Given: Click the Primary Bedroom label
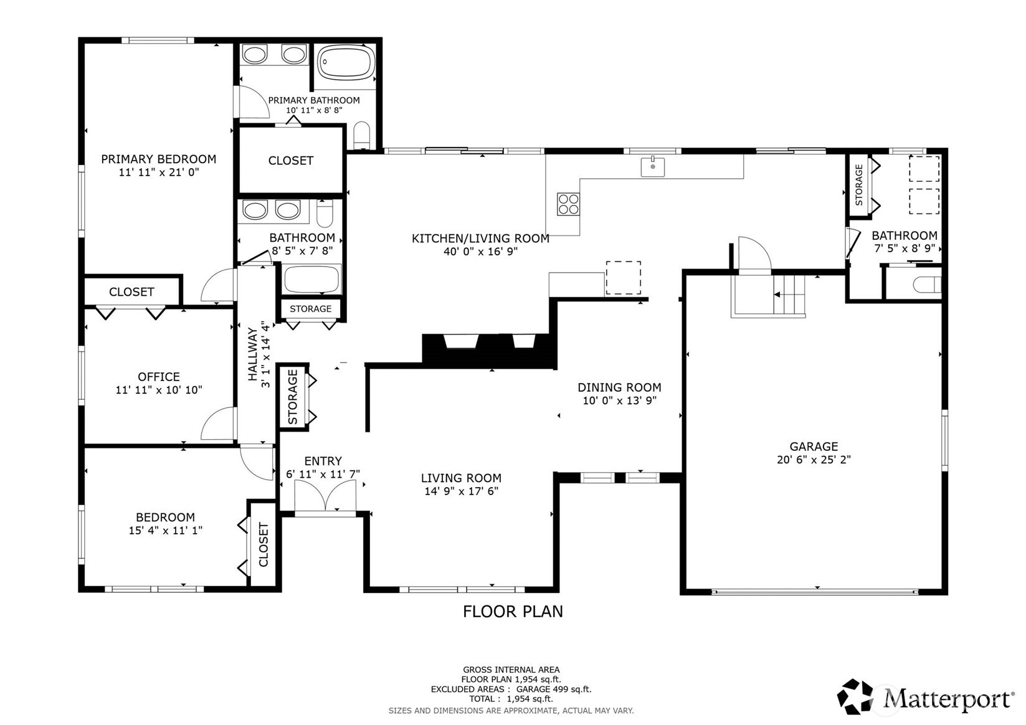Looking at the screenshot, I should [159, 159].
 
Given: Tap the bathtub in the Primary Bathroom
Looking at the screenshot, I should [346, 62].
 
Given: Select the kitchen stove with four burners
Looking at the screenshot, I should [568, 204].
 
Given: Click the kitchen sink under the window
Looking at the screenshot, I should [652, 167].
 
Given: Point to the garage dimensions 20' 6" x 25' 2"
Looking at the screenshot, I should [814, 460].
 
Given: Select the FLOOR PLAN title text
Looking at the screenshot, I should [513, 612].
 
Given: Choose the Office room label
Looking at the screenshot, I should [159, 377].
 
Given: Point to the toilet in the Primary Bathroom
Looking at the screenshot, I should [361, 135].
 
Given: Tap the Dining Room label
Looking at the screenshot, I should [619, 387].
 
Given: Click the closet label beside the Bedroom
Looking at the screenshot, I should [263, 544].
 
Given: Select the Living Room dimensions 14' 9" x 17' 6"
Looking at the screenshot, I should [461, 491].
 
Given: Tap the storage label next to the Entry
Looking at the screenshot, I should [293, 397].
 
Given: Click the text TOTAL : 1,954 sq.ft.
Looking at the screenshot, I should [511, 699].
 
